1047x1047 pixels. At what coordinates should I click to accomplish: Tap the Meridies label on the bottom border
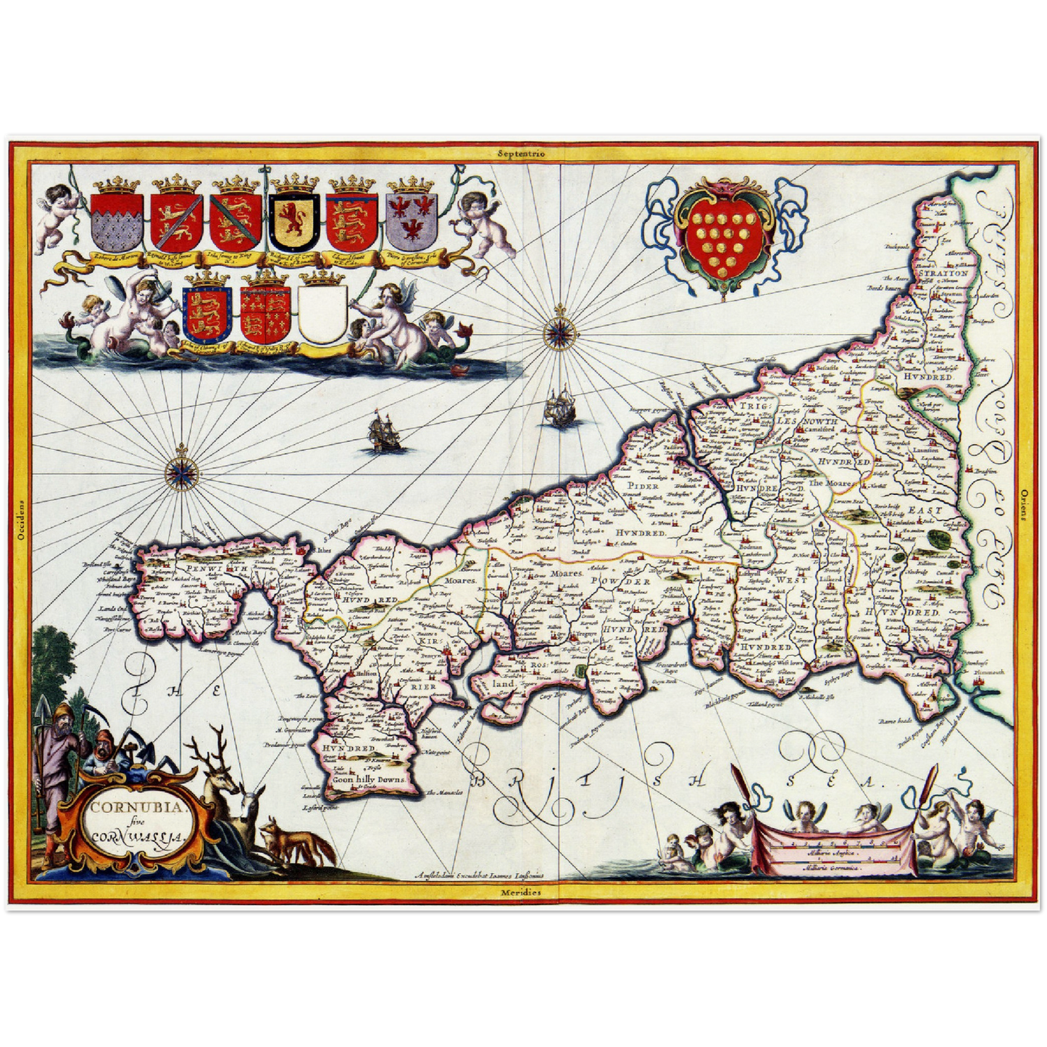521,892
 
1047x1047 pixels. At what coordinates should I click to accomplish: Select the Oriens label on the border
1024,504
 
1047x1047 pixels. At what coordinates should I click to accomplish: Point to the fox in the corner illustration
293,840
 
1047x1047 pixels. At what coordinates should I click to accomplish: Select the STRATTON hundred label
943,274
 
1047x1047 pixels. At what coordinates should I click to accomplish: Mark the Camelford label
818,429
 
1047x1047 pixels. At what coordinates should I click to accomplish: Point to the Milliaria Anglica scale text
833,856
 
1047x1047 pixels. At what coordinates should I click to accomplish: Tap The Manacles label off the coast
441,793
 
